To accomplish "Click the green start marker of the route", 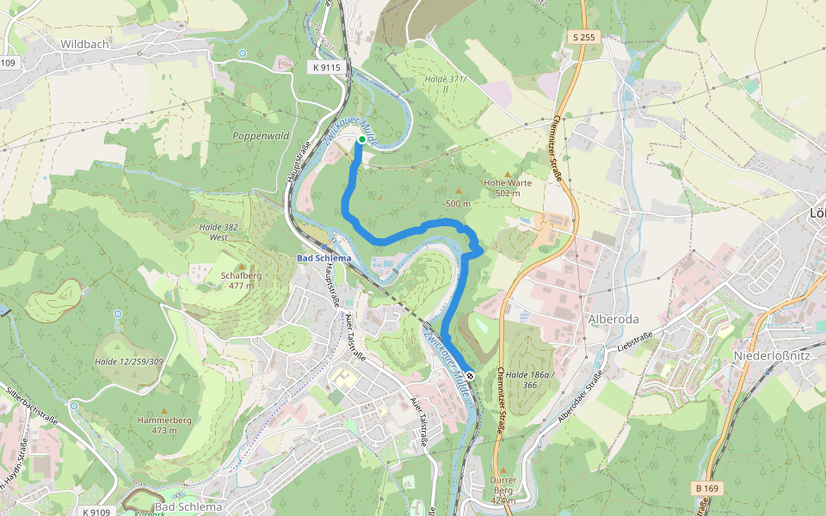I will [x=361, y=138].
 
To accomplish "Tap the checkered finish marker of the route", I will [x=470, y=375].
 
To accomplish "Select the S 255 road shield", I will [x=583, y=38].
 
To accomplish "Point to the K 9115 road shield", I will [x=327, y=66].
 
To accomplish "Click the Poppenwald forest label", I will [x=260, y=136].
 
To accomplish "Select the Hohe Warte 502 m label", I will [x=508, y=187].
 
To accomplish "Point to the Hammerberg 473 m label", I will [x=163, y=424].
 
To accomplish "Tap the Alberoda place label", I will [x=613, y=319].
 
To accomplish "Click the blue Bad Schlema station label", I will [x=324, y=258].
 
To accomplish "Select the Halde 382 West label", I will [x=219, y=231].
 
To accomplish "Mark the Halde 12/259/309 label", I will [x=129, y=362].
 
